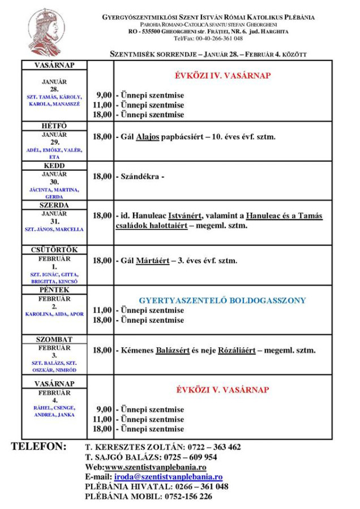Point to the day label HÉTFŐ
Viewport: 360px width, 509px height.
click(x=54, y=126)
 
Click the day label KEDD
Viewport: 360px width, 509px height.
click(x=54, y=166)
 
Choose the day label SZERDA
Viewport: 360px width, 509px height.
click(x=54, y=205)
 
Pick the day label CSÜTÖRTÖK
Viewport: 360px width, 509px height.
click(x=54, y=250)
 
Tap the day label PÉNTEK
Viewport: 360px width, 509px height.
click(x=54, y=290)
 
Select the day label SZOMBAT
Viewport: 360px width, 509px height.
click(x=54, y=339)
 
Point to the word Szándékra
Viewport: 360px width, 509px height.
click(x=141, y=176)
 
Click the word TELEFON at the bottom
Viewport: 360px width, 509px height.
click(x=39, y=447)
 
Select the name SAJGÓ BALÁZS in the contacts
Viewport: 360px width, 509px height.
click(x=118, y=457)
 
